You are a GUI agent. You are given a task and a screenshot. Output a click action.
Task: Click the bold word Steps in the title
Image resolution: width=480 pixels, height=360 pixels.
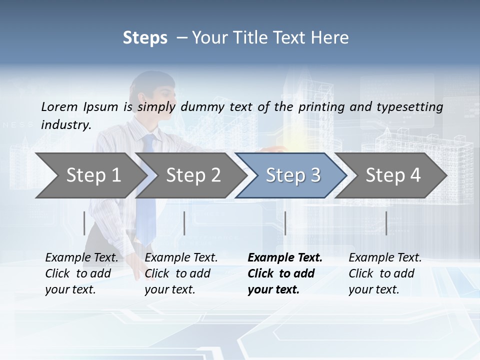click(145, 38)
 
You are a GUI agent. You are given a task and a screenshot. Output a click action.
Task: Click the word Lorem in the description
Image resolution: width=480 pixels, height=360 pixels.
click(59, 106)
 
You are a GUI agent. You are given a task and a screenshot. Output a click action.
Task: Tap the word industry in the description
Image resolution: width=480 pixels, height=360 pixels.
click(65, 125)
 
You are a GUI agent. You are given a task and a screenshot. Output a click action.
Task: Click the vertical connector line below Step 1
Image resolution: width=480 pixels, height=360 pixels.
click(84, 223)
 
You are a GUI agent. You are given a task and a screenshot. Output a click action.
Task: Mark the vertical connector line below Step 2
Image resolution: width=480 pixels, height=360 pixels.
click(184, 223)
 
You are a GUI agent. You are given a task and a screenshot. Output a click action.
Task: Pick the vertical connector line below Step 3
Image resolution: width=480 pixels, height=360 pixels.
click(285, 223)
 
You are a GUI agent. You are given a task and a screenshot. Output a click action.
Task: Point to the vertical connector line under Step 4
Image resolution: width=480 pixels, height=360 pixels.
click(386, 223)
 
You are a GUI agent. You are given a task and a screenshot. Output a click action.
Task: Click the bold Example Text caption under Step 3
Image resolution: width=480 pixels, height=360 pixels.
click(285, 273)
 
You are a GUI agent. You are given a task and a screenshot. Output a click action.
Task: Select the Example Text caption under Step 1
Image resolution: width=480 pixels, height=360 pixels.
click(81, 273)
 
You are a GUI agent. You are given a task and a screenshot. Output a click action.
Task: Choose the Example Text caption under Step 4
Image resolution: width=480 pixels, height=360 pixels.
click(385, 273)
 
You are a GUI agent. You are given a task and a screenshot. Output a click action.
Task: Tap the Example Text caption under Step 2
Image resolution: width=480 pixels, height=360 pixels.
click(181, 273)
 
